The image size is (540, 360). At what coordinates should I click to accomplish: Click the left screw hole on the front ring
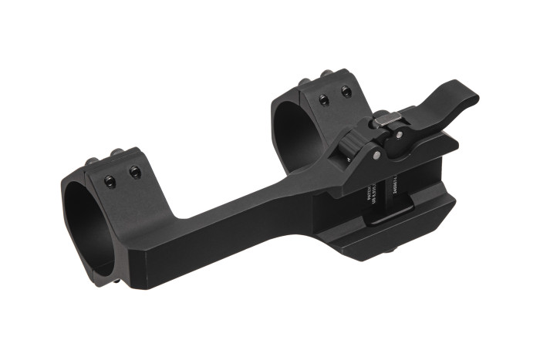(x=110, y=180)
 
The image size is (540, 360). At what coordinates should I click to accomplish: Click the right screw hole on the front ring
(x=135, y=172)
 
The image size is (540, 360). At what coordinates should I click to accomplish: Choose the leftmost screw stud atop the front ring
(x=93, y=161)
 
